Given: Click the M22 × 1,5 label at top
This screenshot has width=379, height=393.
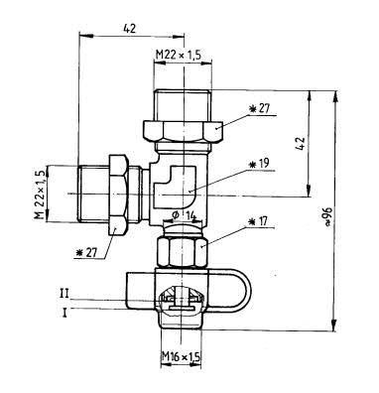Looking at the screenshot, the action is click(x=179, y=55).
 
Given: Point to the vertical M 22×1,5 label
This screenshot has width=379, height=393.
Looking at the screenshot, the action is click(x=40, y=195).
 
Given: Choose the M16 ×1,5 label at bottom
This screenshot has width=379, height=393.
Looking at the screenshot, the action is click(x=181, y=357).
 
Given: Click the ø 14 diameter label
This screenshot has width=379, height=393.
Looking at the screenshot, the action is click(x=185, y=215).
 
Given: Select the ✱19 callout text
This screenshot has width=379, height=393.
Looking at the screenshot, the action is click(x=259, y=164).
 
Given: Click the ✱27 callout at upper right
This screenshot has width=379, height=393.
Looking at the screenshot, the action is click(x=260, y=109).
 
